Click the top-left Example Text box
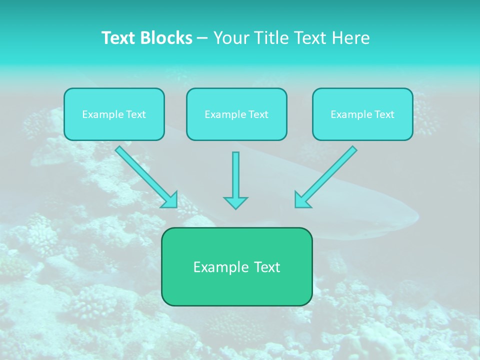tap(114, 114)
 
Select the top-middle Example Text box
tap(236, 114)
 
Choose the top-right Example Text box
tap(362, 114)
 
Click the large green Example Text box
tap(236, 266)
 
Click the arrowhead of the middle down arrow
tap(235, 202)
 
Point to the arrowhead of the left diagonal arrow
tap(169, 199)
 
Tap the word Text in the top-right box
tap(384, 114)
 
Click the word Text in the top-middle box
tap(258, 114)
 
